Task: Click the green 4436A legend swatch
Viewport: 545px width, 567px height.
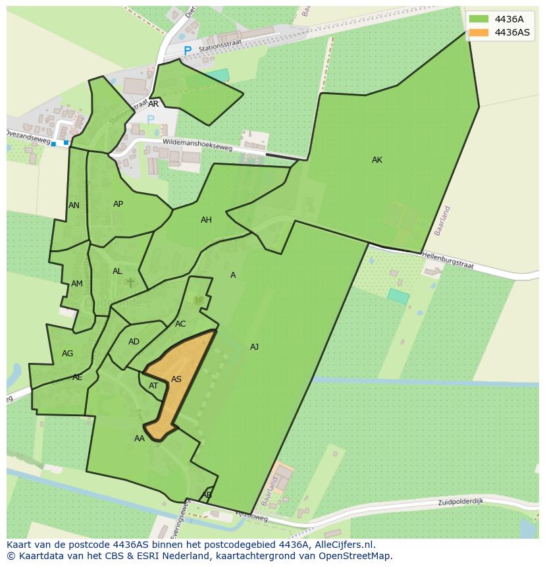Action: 479,19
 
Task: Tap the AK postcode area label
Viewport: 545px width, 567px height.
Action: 377,160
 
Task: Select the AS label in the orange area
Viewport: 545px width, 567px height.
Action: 176,379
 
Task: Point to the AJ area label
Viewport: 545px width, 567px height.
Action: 254,347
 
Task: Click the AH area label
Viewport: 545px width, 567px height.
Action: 206,220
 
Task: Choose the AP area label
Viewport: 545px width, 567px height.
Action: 118,204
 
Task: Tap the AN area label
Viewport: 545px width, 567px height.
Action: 74,205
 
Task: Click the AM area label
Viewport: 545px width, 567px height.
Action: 77,284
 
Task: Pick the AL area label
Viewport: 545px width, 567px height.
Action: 117,271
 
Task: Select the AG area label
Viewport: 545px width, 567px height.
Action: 67,354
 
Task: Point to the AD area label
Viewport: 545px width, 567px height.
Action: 134,342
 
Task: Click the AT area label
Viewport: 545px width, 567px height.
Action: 153,386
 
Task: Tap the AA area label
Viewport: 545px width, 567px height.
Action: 140,439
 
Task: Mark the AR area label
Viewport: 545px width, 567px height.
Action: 153,104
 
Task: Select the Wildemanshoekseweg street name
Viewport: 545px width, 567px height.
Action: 197,144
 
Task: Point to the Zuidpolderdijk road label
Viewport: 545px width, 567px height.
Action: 461,502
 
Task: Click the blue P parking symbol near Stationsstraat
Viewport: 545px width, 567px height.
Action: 188,51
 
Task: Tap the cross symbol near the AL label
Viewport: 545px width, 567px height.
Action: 130,283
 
